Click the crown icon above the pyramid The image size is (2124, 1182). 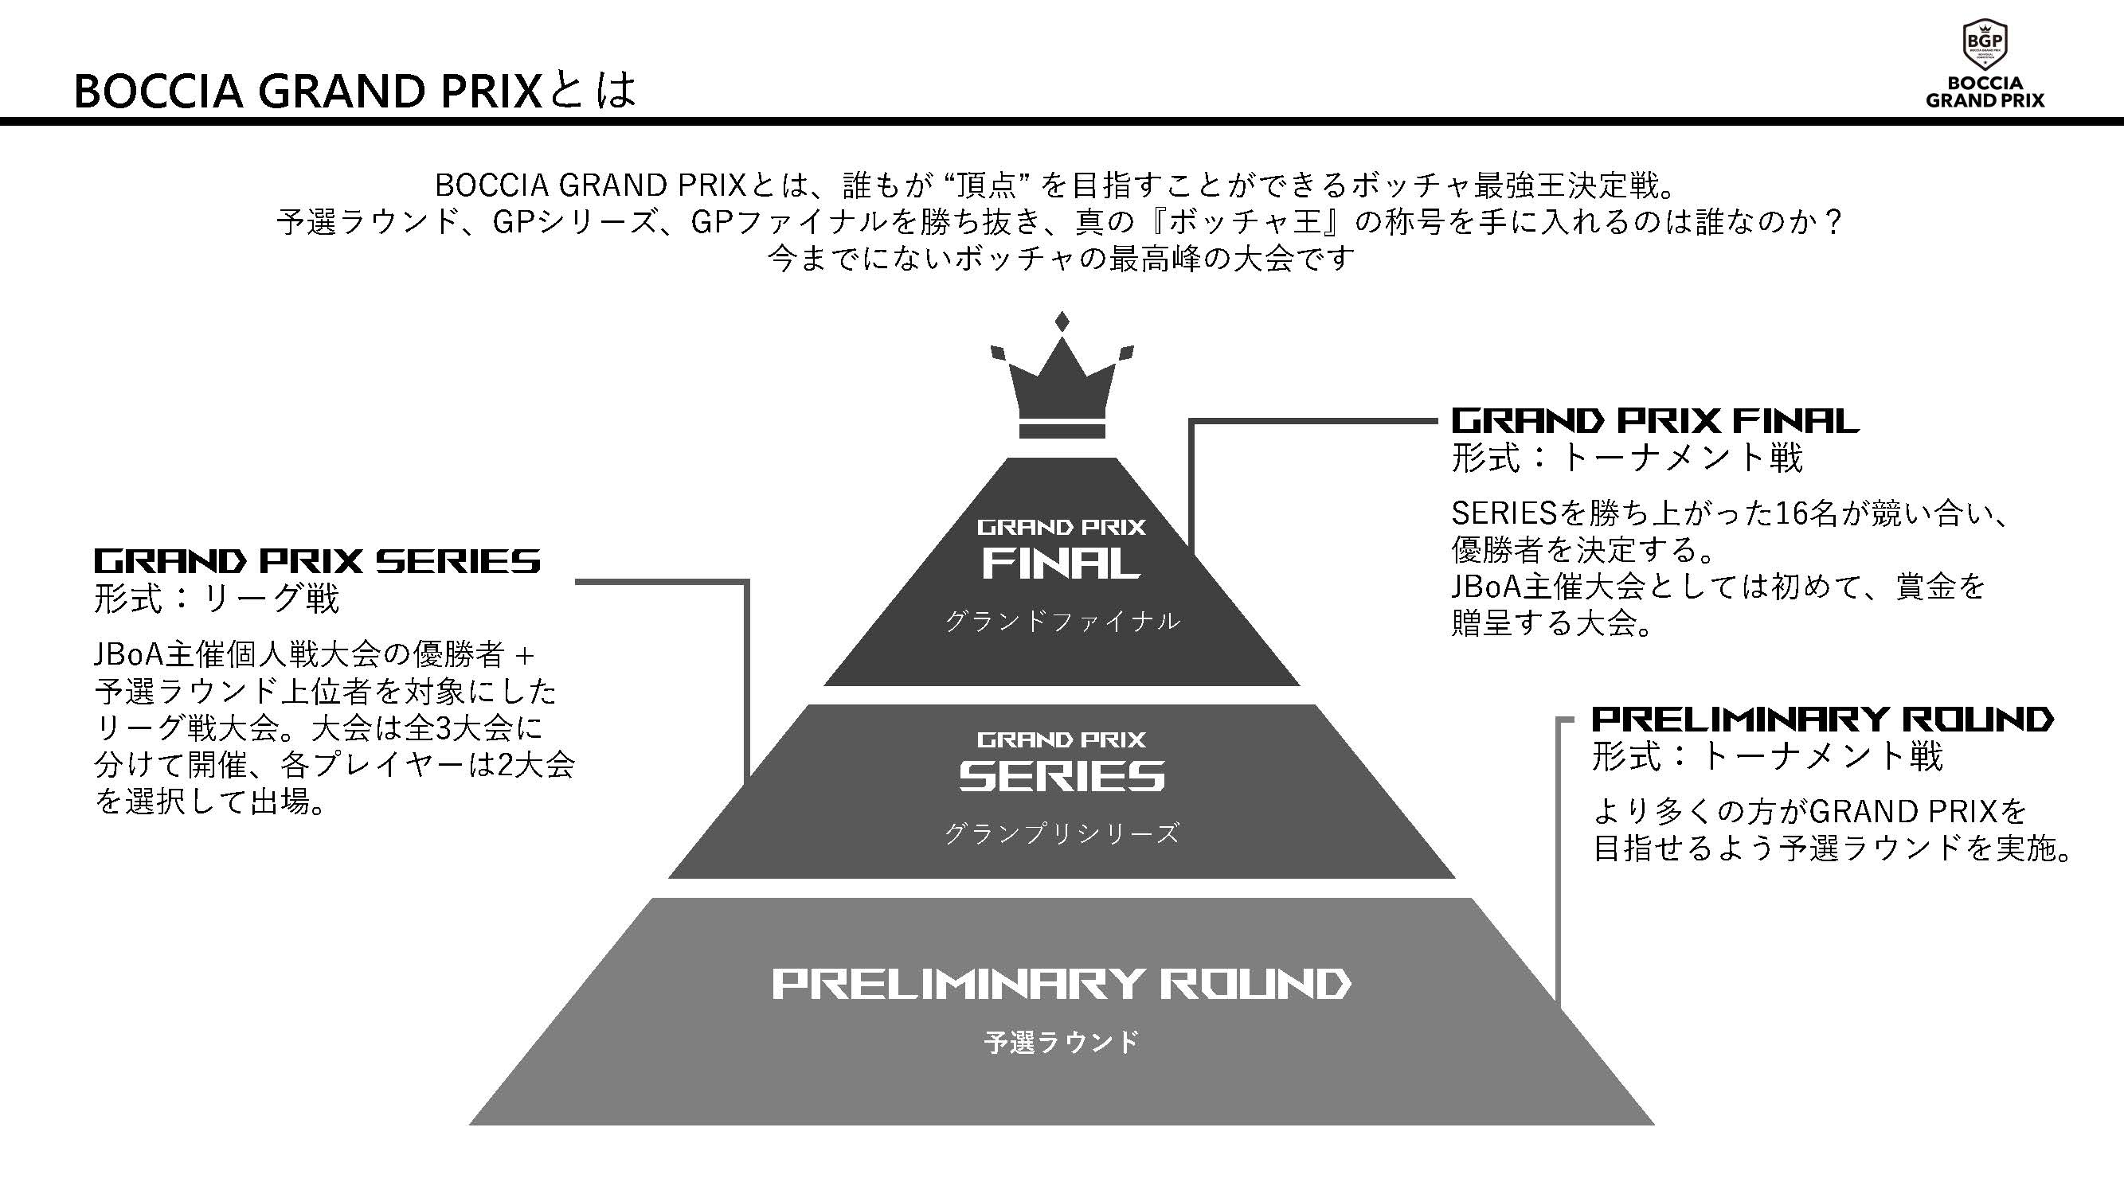[x=1062, y=388]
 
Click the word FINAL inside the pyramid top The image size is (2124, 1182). [x=1061, y=564]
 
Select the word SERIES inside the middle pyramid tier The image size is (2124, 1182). [x=1061, y=775]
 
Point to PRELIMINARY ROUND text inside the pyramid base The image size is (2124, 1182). [x=1061, y=984]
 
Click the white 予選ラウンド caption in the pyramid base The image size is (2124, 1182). [x=1061, y=1042]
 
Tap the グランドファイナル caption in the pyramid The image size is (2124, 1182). [x=1062, y=621]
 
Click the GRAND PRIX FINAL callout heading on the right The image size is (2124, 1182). [x=1654, y=421]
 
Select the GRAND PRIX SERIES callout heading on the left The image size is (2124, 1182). [x=317, y=562]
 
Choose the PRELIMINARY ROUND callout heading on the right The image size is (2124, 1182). [x=1822, y=720]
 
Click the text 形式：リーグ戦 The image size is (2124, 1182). [x=217, y=599]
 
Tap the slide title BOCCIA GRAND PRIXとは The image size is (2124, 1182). [x=354, y=91]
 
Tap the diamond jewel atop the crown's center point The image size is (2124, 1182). [x=1062, y=322]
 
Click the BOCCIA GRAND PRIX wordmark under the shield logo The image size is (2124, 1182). [x=1985, y=92]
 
